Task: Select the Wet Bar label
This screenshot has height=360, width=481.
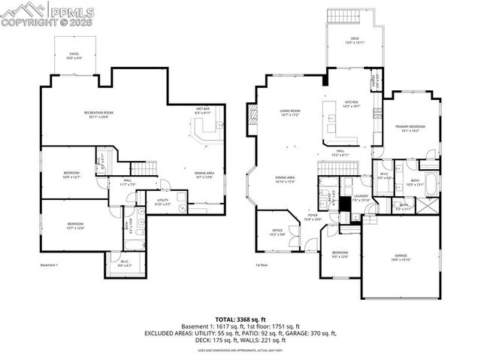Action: [x=203, y=110]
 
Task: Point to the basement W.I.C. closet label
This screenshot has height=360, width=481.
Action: [x=125, y=264]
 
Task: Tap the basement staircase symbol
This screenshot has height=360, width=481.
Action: [x=144, y=168]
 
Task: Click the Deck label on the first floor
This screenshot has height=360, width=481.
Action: [x=355, y=41]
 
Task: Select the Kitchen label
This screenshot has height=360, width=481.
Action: [x=352, y=104]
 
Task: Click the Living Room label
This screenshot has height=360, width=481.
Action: [x=290, y=112]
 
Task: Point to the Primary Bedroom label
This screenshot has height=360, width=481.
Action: [x=410, y=129]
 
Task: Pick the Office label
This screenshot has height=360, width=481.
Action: [x=277, y=233]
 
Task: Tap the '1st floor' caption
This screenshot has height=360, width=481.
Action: [x=262, y=265]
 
